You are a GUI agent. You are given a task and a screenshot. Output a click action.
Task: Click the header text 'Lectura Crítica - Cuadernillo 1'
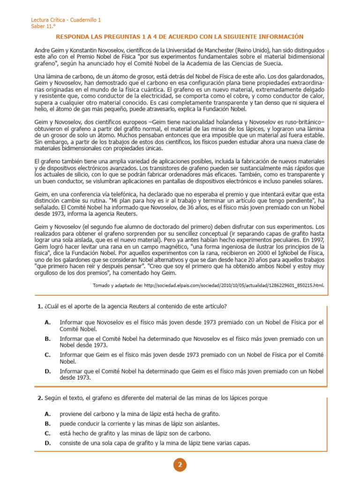tap(66, 20)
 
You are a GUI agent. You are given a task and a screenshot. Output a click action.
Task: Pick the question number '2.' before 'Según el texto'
tap(40, 398)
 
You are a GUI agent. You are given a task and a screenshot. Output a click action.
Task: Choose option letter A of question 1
tap(47, 322)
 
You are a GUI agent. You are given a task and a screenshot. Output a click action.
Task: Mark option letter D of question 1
tap(47, 371)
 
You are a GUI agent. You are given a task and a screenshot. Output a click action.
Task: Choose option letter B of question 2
tap(47, 423)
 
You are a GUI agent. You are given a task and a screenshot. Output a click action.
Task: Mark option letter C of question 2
tap(47, 433)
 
